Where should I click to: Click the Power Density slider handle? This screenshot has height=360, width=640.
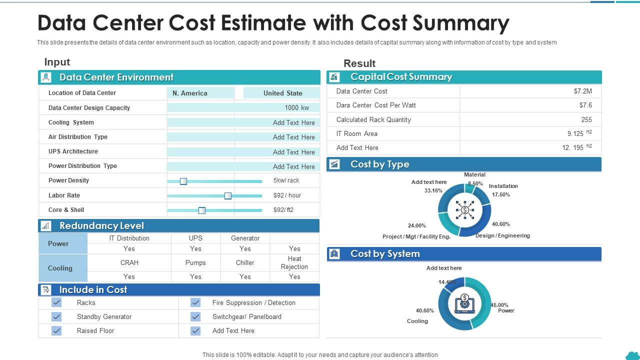tap(183, 181)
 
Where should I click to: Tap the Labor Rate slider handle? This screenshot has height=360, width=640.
tap(228, 195)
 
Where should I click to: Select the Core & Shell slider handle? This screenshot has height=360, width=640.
tap(202, 210)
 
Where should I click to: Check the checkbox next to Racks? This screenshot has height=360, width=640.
tap(57, 302)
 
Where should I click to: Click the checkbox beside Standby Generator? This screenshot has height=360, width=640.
tap(57, 316)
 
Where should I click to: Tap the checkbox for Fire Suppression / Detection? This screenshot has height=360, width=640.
tap(195, 302)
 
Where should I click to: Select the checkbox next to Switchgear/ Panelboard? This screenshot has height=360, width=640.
tap(195, 316)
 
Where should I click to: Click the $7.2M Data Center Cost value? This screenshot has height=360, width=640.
tap(582, 91)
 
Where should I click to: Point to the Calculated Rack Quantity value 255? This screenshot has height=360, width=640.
tap(586, 119)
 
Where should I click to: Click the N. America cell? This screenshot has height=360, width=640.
tap(190, 93)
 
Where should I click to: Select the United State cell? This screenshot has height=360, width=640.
tap(282, 93)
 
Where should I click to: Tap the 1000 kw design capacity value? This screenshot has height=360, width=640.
tap(296, 107)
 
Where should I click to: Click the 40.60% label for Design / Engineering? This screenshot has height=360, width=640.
tap(500, 224)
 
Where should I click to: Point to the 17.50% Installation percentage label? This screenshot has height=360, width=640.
tap(500, 194)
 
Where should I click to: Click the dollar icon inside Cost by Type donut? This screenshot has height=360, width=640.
tap(465, 210)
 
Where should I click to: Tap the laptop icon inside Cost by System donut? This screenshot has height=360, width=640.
tap(464, 303)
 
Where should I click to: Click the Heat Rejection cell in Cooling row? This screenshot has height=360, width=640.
tap(294, 262)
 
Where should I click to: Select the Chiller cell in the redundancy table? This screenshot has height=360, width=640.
tap(245, 262)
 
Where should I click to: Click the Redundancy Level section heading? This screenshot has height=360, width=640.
tap(101, 225)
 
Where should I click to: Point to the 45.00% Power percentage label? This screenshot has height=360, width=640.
tap(499, 305)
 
